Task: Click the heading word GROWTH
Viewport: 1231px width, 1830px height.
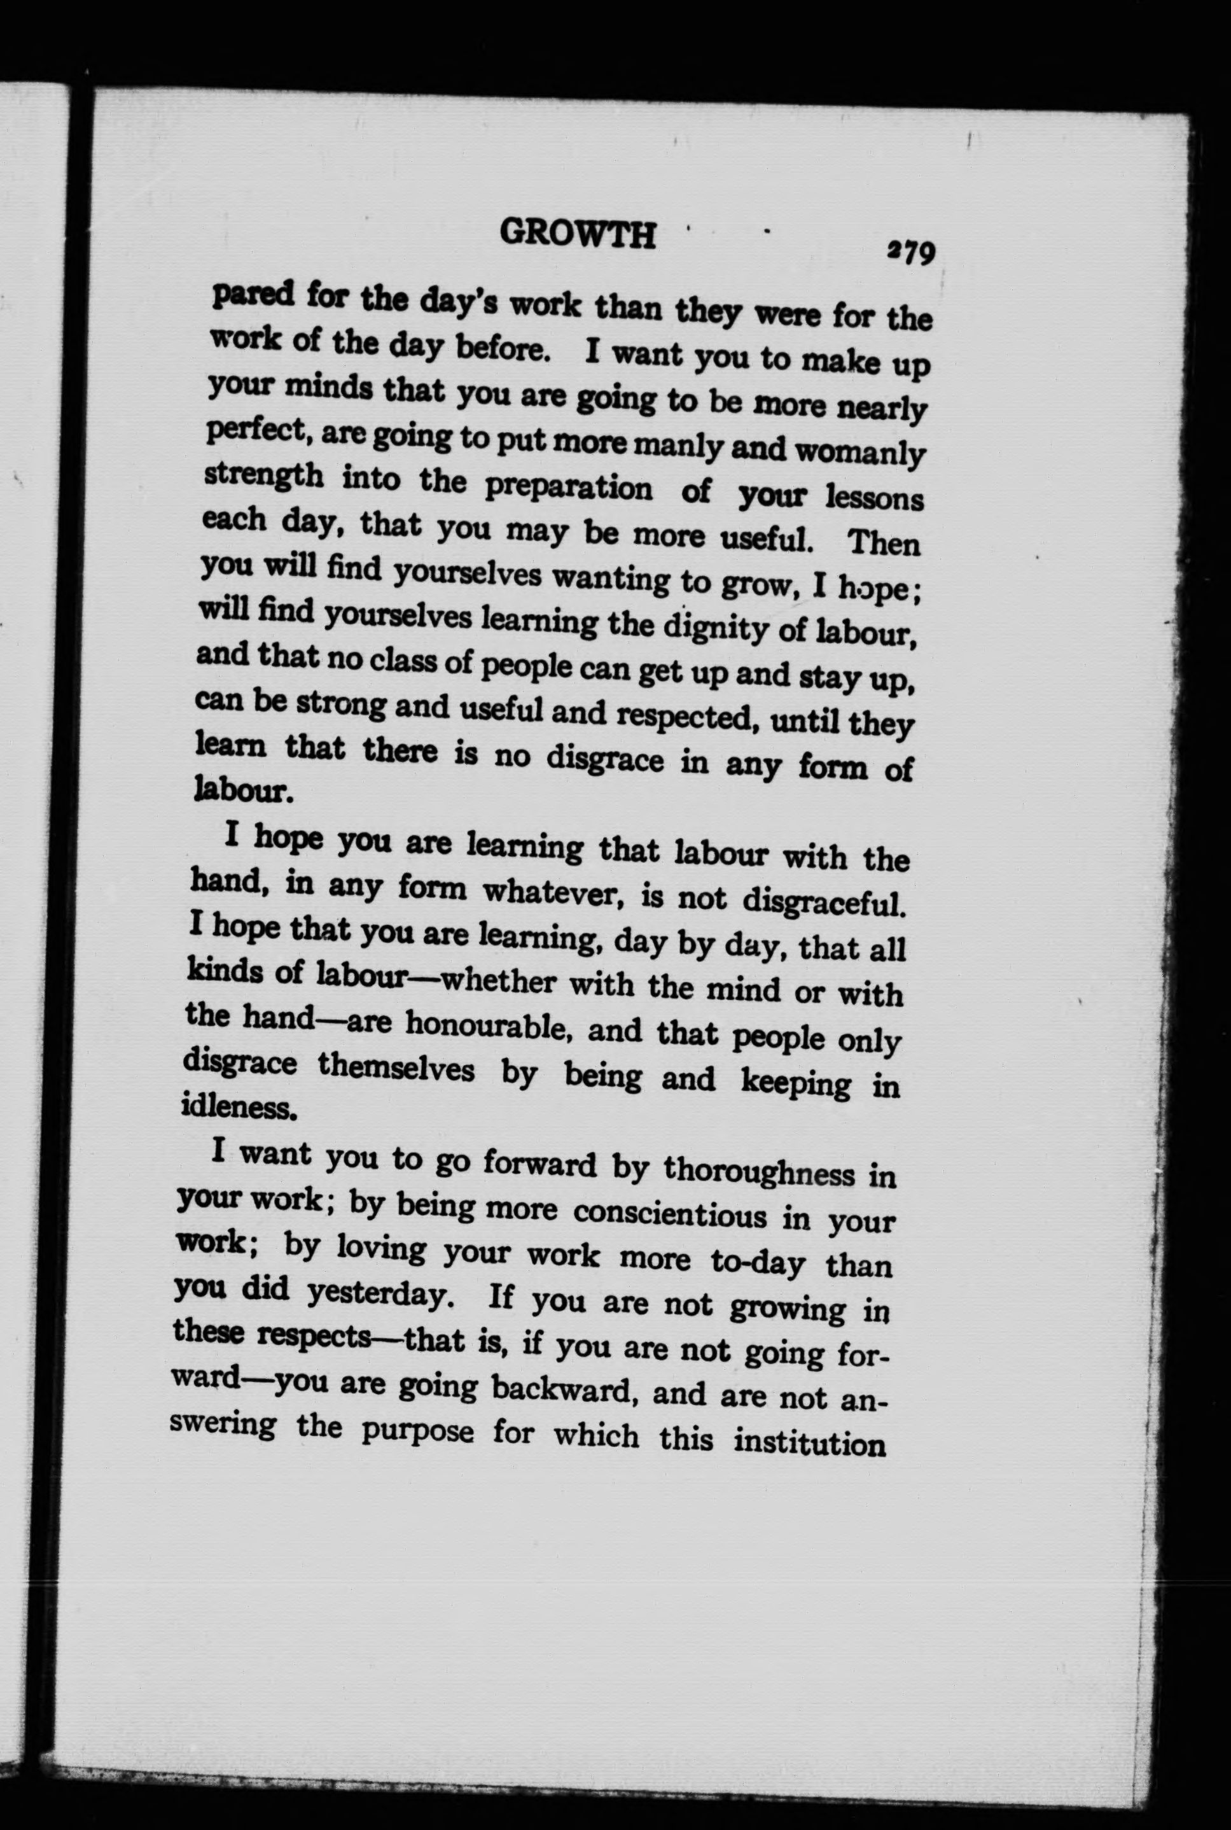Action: click(577, 234)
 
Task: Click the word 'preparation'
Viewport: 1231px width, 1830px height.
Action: click(568, 488)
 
